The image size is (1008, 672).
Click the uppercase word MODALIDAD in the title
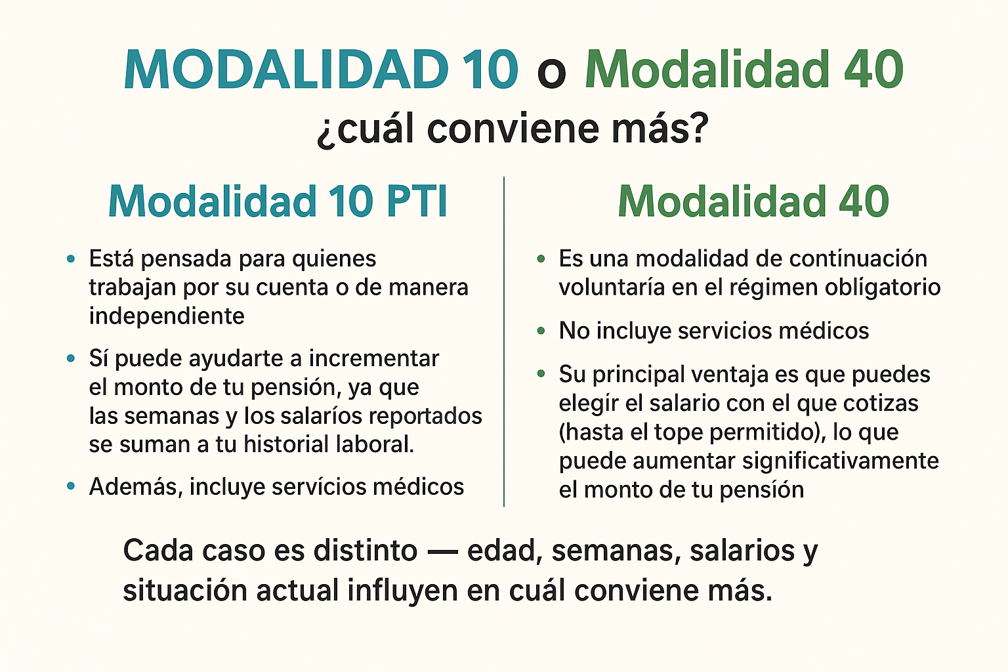click(285, 70)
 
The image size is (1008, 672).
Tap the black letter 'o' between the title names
click(551, 73)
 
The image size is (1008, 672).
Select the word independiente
click(167, 316)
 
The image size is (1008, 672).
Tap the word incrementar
click(373, 359)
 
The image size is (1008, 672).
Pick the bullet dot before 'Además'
click(72, 486)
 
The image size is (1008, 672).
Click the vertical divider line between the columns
click(504, 341)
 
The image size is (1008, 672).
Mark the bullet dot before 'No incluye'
click(541, 331)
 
